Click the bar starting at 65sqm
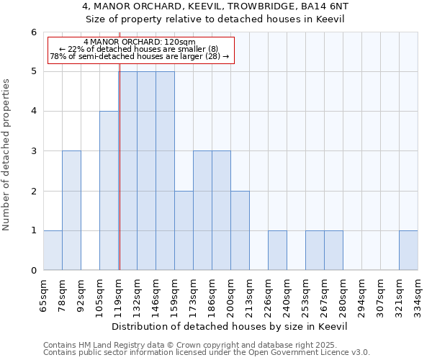click(x=53, y=251)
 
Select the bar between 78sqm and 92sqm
click(x=71, y=210)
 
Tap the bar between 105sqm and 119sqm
click(x=109, y=191)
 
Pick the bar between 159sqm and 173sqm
click(x=184, y=230)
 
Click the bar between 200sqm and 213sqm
click(x=240, y=230)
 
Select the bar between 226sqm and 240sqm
click(x=277, y=251)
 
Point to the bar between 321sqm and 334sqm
click(x=408, y=251)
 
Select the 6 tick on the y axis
click(x=33, y=32)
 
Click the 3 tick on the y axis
click(x=33, y=151)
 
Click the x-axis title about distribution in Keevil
click(x=230, y=326)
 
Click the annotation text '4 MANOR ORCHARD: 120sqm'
click(x=140, y=42)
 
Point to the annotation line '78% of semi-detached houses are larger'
click(x=140, y=56)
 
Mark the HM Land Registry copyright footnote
click(x=205, y=345)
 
